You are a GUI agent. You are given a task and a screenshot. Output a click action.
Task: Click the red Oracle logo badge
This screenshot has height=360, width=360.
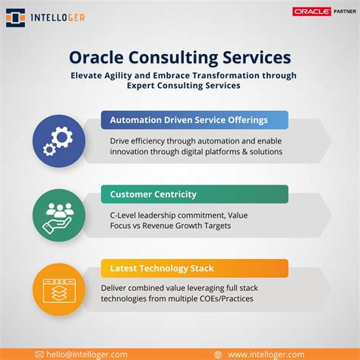pyautogui.click(x=311, y=11)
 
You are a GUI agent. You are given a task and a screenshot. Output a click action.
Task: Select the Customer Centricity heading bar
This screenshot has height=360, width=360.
pyautogui.click(x=194, y=194)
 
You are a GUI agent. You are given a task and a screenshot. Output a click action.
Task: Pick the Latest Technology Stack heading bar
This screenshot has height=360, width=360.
pyautogui.click(x=194, y=268)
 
